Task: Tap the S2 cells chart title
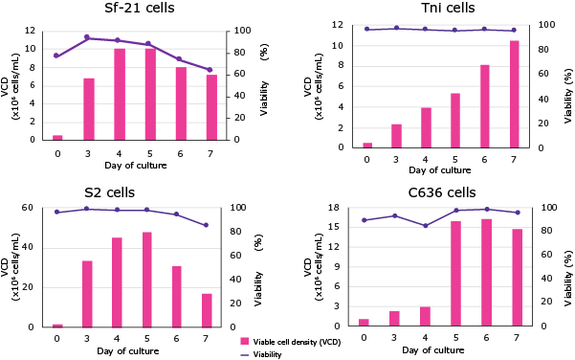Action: click(144, 191)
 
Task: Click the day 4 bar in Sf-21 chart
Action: click(119, 94)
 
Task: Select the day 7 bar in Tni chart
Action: click(514, 94)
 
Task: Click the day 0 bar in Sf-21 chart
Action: click(57, 137)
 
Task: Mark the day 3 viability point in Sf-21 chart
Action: click(88, 37)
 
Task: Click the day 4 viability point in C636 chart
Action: click(426, 226)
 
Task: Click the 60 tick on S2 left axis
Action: click(29, 208)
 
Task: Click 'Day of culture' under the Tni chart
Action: click(440, 169)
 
